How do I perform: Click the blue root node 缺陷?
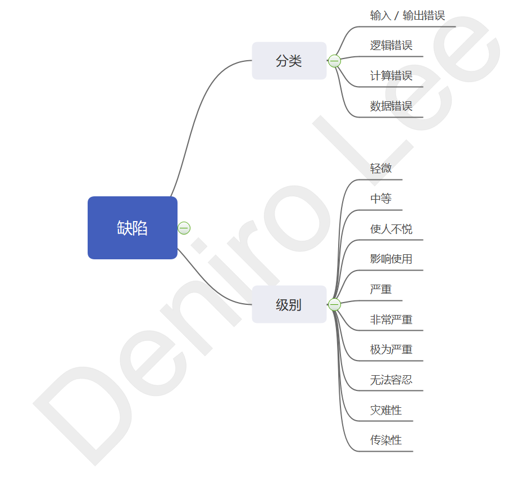(133, 228)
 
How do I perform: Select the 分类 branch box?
(289, 61)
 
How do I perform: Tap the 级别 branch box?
(289, 304)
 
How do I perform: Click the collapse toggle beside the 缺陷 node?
(184, 228)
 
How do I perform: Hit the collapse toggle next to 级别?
(335, 304)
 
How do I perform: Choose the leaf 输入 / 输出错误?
(407, 16)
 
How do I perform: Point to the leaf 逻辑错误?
(391, 46)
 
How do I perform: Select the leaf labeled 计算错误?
(391, 76)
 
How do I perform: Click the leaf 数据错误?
(391, 106)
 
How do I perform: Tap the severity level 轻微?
(381, 168)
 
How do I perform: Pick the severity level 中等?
(381, 199)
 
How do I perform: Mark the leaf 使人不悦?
(391, 229)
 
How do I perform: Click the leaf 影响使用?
(391, 259)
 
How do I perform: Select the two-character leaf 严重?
(381, 289)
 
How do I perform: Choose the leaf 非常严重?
(391, 319)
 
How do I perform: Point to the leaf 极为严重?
(391, 349)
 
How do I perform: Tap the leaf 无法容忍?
(391, 380)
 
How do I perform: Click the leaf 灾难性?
(386, 410)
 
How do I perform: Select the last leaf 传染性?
(386, 440)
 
